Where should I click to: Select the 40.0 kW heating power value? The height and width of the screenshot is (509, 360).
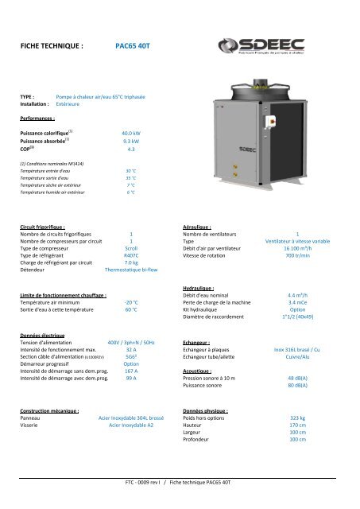[x=132, y=132]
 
